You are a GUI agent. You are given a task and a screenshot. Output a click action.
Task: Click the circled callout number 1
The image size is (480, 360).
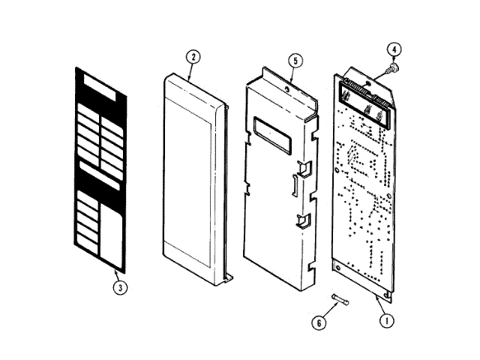[x=386, y=320]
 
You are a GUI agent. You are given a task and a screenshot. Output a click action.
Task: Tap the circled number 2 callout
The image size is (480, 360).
[x=193, y=57]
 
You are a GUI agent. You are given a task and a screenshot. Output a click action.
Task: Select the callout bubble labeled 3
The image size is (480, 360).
[x=118, y=285]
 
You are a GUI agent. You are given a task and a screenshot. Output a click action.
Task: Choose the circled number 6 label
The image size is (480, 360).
[x=318, y=322]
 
